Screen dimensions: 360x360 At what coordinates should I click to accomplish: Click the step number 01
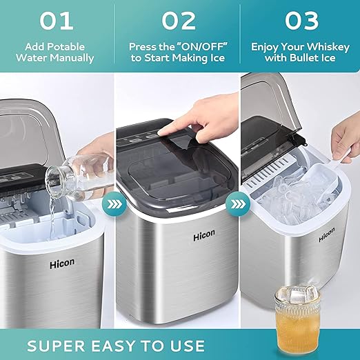coord(57,21)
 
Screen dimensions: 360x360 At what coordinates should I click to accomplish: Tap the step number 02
coord(179,21)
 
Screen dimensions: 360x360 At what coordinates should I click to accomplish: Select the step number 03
coord(301,21)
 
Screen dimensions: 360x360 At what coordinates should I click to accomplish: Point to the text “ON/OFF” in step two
coord(201,47)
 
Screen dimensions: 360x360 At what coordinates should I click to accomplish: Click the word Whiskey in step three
coord(328,48)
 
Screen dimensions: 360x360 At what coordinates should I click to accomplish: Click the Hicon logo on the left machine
coord(62,263)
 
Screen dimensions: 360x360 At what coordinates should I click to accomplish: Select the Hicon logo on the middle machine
coord(204,236)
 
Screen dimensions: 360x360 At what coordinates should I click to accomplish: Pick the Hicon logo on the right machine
coord(327,235)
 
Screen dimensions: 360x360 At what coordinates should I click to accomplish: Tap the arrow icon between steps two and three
coord(237,203)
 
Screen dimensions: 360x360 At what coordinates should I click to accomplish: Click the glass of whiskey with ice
coord(297,321)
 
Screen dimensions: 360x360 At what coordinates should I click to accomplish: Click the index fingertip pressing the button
coord(161,132)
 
